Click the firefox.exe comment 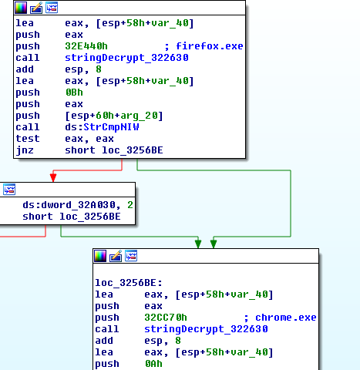pos(210,46)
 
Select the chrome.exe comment pos(285,318)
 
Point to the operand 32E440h pos(86,46)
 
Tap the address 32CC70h pos(166,318)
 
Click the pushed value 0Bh pos(74,92)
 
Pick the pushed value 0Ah pos(153,364)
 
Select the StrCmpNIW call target pos(111,127)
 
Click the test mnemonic pos(28,139)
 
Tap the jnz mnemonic pos(25,150)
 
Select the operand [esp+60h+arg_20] pos(114,116)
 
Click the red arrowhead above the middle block pos(53,177)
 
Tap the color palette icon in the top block pos(21,8)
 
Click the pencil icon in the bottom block pos(116,256)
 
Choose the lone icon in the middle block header pos(9,190)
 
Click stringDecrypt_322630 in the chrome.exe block pos(206,329)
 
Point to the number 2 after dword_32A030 pos(130,205)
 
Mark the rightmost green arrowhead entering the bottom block pos(214,244)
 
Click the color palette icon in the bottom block pos(100,256)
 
